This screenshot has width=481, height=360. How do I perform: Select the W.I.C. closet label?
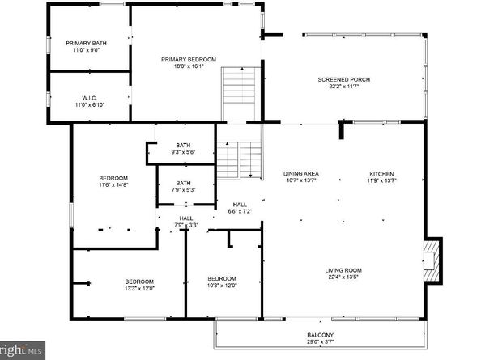click(89, 100)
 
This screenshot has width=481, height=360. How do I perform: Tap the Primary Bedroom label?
click(188, 62)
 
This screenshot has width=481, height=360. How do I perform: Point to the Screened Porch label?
click(343, 83)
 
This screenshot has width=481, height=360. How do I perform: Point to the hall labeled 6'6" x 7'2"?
click(240, 208)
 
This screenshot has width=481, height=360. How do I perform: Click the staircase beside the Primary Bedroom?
click(238, 95)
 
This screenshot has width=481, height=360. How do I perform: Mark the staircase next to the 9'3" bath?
click(240, 160)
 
